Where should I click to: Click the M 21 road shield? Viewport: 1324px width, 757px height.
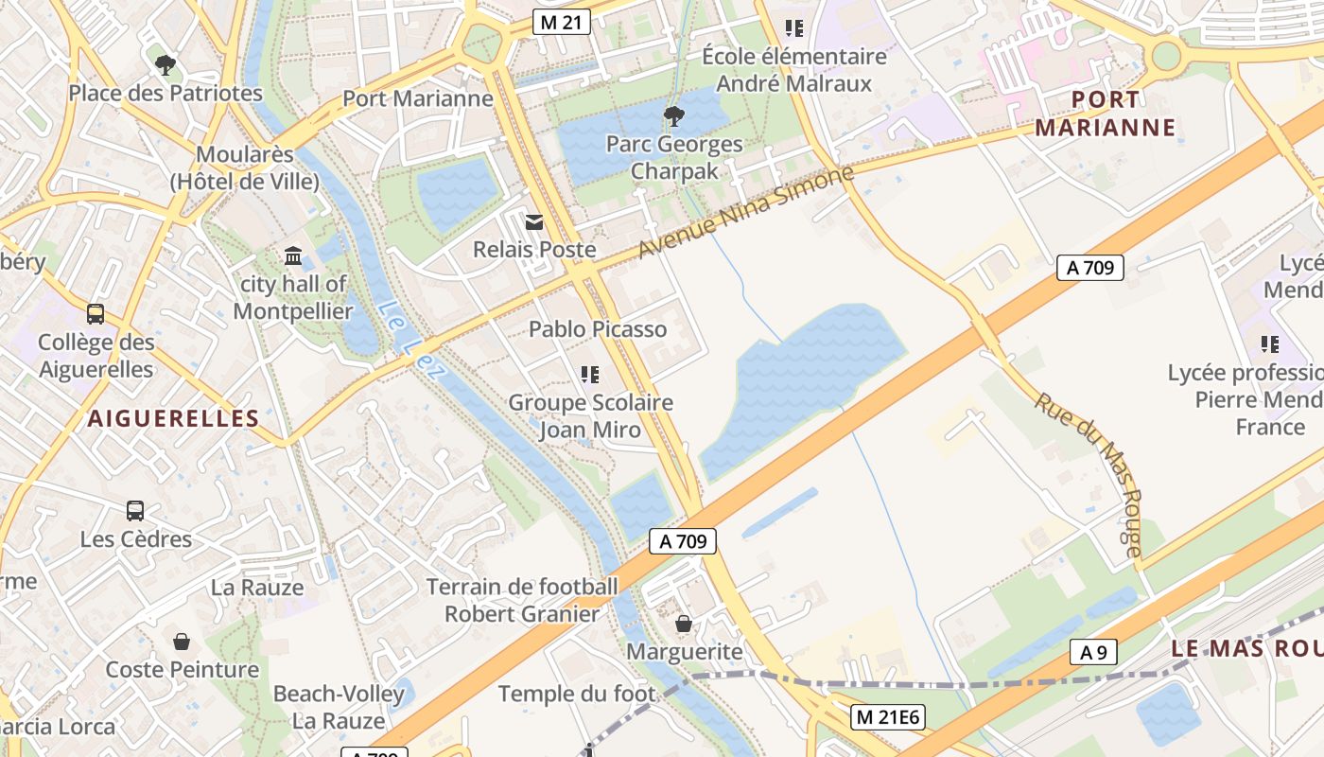[562, 22]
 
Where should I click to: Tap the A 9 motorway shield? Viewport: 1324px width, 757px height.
[1093, 652]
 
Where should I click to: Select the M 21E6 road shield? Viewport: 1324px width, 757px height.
[886, 717]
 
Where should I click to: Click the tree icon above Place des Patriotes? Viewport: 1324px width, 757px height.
[165, 65]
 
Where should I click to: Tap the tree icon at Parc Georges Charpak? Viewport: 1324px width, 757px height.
[673, 116]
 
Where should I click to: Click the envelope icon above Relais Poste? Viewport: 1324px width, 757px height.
[534, 222]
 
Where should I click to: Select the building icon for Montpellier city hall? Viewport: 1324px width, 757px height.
[293, 256]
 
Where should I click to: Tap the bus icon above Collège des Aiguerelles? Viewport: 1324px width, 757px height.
[96, 314]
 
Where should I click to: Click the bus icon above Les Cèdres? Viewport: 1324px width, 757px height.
[135, 511]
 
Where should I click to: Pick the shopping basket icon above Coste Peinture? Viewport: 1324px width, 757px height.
[182, 642]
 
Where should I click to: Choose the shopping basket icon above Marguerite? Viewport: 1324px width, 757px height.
[684, 624]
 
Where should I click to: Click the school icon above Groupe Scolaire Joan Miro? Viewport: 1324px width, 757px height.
[591, 375]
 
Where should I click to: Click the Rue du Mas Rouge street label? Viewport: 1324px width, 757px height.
[1089, 472]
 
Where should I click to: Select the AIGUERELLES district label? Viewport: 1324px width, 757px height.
[174, 418]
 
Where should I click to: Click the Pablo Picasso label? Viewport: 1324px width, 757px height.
[598, 329]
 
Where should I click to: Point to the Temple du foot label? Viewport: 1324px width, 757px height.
[577, 694]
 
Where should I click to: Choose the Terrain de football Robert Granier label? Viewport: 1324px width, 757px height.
[522, 600]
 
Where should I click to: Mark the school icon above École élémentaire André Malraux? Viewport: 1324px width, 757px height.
[794, 28]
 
